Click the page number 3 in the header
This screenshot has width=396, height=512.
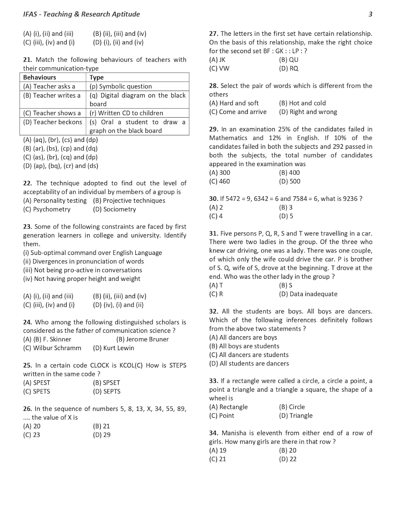click(x=370, y=14)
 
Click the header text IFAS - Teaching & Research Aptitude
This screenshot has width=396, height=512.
click(x=81, y=14)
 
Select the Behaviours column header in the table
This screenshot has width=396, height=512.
click(x=40, y=77)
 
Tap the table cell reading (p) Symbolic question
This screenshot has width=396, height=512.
click(x=121, y=86)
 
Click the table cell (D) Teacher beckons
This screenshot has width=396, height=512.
click(x=53, y=122)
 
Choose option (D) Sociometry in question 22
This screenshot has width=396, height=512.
click(x=114, y=209)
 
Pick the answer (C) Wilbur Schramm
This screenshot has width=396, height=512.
click(x=52, y=348)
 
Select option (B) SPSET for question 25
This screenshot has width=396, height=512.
click(x=107, y=383)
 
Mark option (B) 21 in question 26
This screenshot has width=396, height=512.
click(x=101, y=426)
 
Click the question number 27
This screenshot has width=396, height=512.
click(x=214, y=34)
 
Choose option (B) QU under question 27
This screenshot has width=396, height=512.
click(x=289, y=60)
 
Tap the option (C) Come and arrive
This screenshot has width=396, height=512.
click(x=238, y=112)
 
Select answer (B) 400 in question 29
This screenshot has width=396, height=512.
click(x=289, y=173)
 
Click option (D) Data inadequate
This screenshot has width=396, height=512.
click(x=308, y=294)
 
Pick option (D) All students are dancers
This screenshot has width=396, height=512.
click(x=249, y=364)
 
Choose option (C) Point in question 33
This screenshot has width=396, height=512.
click(x=222, y=415)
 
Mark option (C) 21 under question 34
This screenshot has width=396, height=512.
click(x=218, y=459)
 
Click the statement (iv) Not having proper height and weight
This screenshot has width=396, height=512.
click(x=82, y=279)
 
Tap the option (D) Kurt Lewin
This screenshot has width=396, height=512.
click(x=114, y=348)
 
